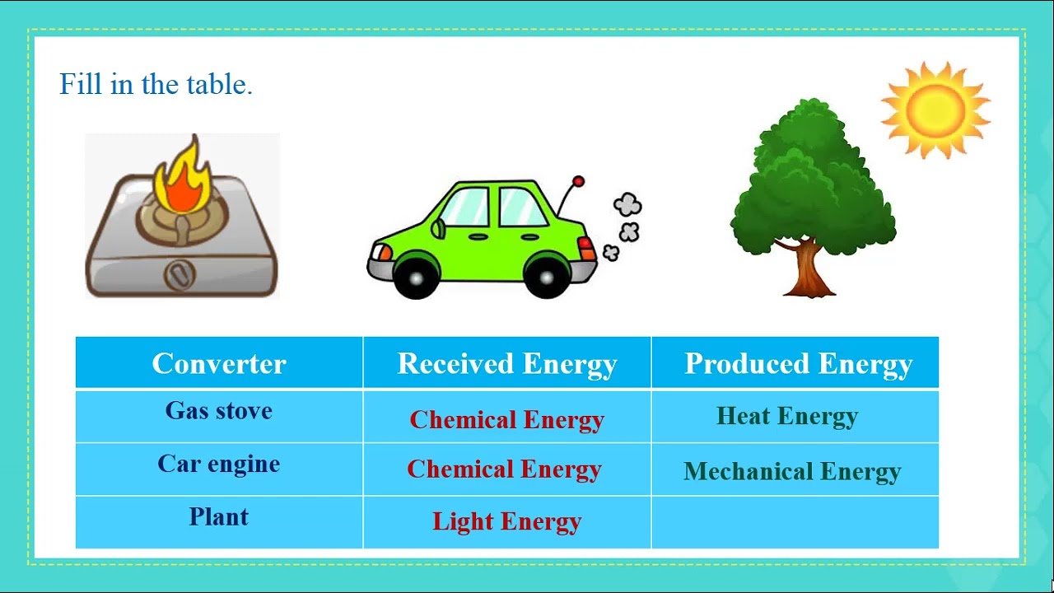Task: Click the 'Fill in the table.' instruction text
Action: point(156,85)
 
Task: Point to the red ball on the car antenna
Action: point(579,181)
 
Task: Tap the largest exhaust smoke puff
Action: point(627,205)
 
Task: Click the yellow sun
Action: point(935,109)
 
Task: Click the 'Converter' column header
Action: point(219,363)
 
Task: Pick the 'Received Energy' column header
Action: point(507,363)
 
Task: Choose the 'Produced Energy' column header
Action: point(798,363)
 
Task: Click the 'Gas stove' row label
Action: point(219,410)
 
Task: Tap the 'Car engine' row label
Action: point(219,464)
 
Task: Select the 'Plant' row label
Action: point(219,516)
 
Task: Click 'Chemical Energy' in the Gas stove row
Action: point(507,419)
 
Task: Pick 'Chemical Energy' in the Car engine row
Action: point(505,469)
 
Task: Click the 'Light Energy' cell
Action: point(507,521)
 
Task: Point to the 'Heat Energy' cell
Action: point(787,416)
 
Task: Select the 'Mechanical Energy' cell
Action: point(792,471)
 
